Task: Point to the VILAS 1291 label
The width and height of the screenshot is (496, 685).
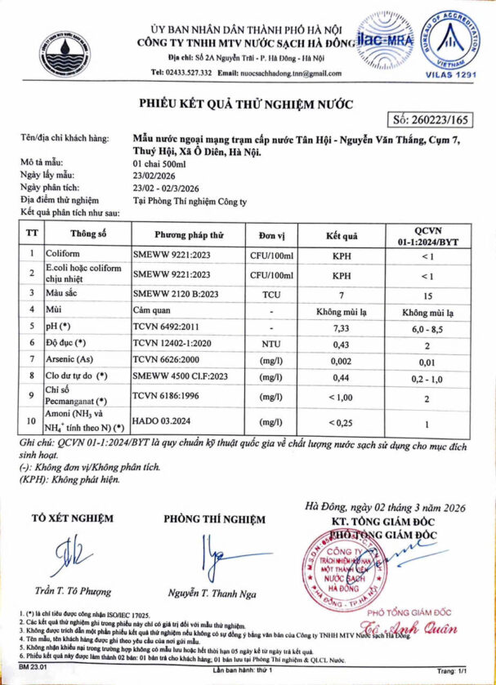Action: tap(445, 73)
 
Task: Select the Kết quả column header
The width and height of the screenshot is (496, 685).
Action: tap(342, 235)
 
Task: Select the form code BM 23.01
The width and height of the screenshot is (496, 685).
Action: tap(29, 669)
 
